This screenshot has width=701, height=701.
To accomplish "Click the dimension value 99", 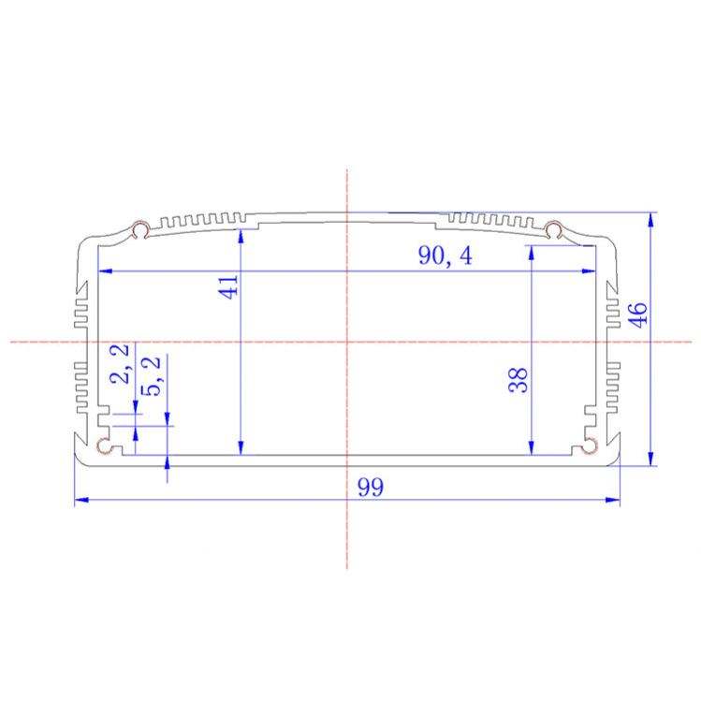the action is pos(371,488).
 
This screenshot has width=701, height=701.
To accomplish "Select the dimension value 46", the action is pos(638,314).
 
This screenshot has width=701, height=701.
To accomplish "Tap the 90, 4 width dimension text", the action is pos(445,256).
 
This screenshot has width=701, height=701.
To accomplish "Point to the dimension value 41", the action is pos(228,287).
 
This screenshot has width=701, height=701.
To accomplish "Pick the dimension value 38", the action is pos(518,380).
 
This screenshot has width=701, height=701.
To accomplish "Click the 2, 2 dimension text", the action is pos(120,363).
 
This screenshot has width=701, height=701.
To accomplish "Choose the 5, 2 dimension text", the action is pos(151,376).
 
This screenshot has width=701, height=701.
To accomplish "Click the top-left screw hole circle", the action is pos(141,230).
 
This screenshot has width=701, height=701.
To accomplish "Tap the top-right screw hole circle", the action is pos(553,230).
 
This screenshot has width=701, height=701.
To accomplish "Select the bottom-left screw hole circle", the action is pos(105,445).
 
